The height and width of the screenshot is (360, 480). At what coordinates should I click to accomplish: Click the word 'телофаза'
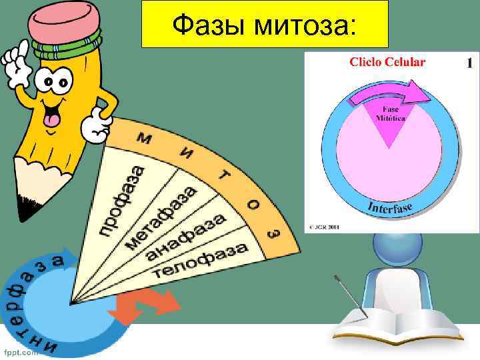click(201, 261)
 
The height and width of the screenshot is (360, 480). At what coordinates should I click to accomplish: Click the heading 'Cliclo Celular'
click(387, 62)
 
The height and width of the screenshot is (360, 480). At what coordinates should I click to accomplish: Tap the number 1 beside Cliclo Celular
click(469, 63)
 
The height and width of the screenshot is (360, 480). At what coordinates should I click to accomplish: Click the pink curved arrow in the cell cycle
click(390, 94)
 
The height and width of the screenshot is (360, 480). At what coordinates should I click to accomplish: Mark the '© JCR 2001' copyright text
click(323, 226)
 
